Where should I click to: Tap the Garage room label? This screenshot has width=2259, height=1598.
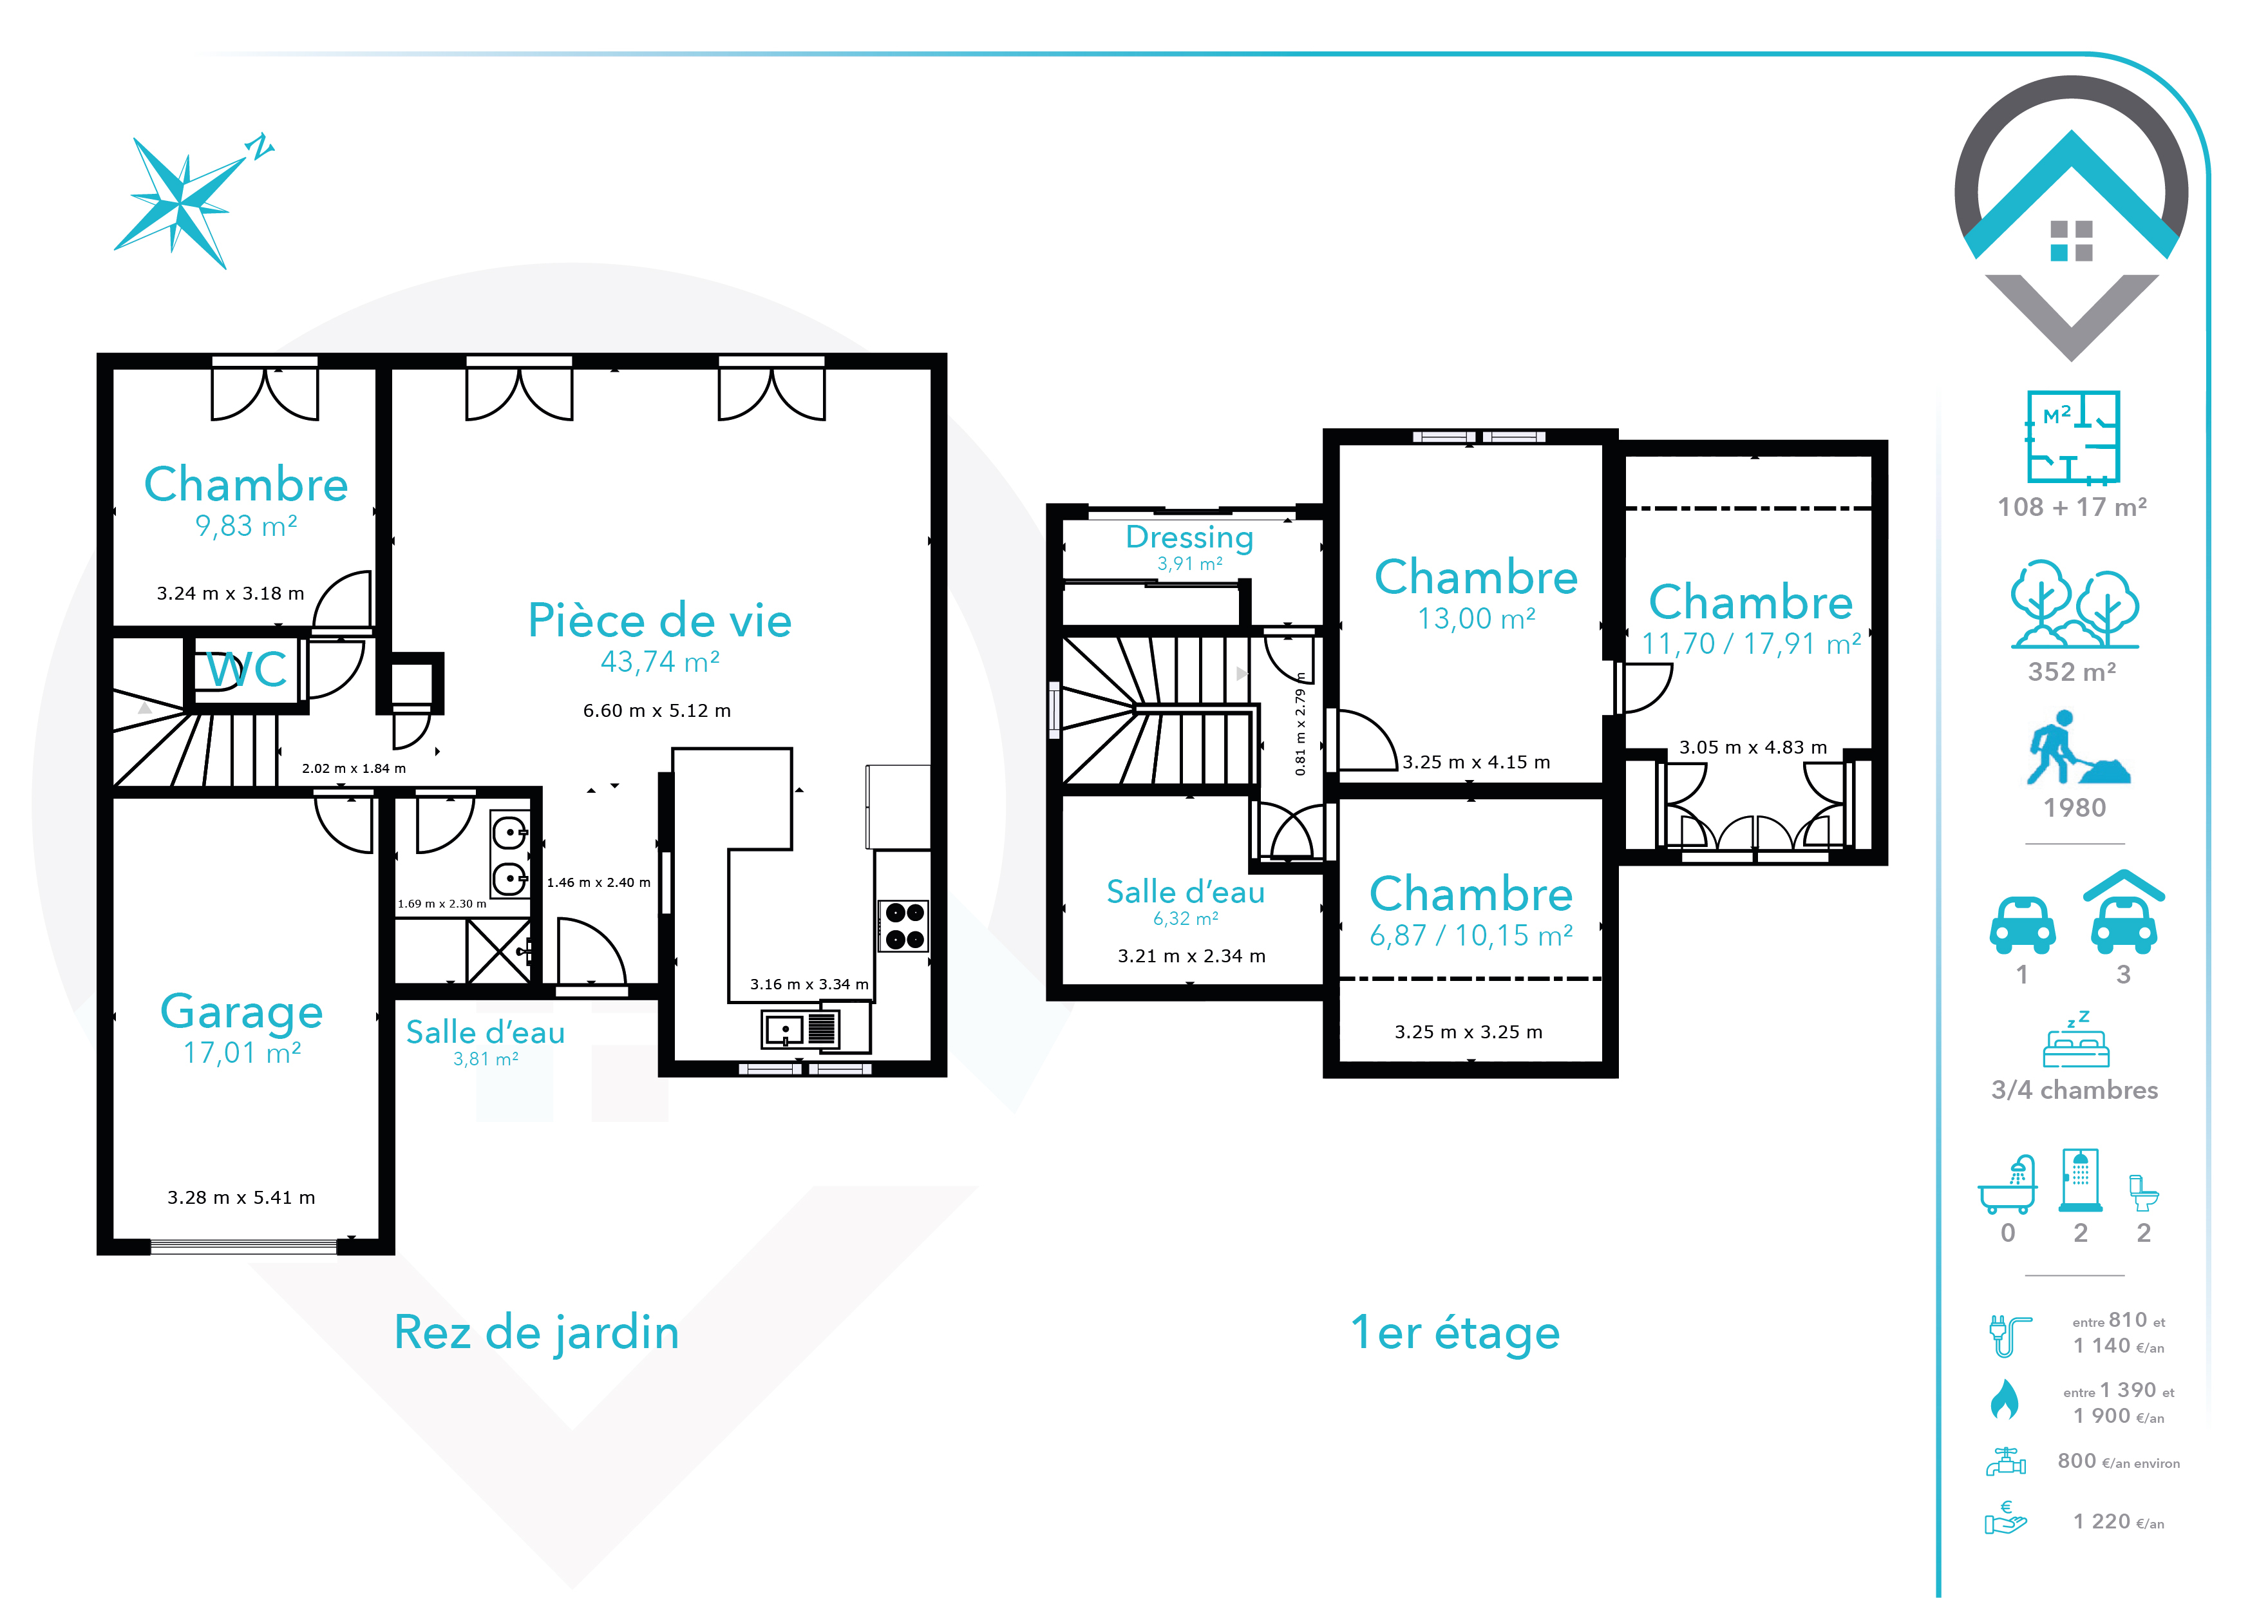point(242,1013)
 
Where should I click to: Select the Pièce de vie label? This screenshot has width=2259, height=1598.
point(659,621)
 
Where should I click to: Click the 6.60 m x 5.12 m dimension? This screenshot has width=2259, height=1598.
point(657,710)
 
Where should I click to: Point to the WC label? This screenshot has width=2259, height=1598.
point(247,670)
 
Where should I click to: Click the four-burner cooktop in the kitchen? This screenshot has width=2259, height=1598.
point(904,926)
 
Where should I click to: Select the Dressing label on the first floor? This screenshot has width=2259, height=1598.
point(1189,537)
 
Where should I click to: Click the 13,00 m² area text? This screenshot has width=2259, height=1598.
point(1476,619)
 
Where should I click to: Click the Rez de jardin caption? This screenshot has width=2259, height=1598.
point(536,1333)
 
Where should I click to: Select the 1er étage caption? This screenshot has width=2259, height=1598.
point(1455,1333)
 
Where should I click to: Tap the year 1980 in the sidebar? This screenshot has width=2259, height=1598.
point(2075,808)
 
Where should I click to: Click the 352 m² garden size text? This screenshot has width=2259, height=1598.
point(2072,672)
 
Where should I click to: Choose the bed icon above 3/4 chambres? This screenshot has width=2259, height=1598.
point(2076,1040)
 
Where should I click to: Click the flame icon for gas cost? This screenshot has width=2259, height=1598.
point(2004,1398)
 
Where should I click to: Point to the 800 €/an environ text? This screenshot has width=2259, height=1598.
point(2119,1462)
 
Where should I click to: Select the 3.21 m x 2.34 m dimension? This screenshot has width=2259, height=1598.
point(1191,956)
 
